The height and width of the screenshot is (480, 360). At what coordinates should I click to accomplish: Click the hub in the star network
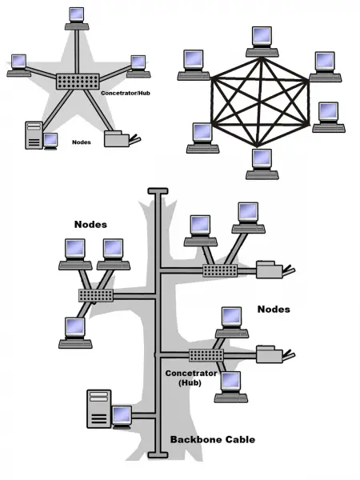point(78,82)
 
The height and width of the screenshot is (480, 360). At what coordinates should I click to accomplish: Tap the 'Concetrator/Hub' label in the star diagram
point(126,93)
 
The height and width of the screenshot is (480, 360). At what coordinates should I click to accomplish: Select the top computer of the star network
point(77,18)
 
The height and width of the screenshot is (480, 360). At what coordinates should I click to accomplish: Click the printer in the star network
point(122,139)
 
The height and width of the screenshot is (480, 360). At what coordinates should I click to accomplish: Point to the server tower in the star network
point(34,135)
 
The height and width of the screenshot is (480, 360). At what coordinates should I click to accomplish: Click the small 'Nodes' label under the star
point(82,142)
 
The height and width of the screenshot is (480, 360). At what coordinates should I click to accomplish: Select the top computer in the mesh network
point(262,42)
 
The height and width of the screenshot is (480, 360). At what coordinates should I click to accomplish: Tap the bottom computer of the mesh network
point(262,164)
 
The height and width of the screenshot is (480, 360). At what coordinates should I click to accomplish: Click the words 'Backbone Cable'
point(213,439)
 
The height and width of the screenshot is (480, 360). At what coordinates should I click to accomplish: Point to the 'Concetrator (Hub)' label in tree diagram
point(191,378)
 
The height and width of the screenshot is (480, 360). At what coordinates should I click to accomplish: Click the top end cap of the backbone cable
point(158,191)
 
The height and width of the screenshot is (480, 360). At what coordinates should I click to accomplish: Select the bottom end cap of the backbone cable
point(158,455)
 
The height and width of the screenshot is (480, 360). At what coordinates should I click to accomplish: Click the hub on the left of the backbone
point(96,295)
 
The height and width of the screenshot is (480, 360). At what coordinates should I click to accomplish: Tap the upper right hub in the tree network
point(220,270)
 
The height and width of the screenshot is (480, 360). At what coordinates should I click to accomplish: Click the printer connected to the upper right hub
point(275,270)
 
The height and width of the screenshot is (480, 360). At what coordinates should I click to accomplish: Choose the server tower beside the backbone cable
point(99,409)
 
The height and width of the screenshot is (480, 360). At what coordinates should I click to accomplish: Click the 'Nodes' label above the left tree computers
point(90,224)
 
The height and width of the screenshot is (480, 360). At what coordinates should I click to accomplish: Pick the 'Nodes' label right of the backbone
point(274,309)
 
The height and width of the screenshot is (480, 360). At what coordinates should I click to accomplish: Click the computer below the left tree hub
point(75,333)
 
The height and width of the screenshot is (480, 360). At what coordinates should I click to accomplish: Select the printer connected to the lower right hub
point(275,354)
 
